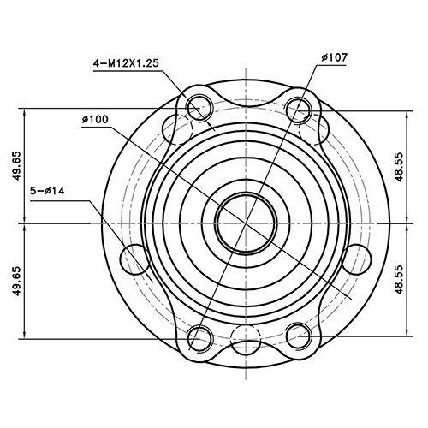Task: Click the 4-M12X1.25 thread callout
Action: click(x=128, y=63)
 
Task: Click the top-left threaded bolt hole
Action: click(x=199, y=108)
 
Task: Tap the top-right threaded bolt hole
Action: click(x=299, y=108)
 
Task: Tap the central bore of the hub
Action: click(x=243, y=222)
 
